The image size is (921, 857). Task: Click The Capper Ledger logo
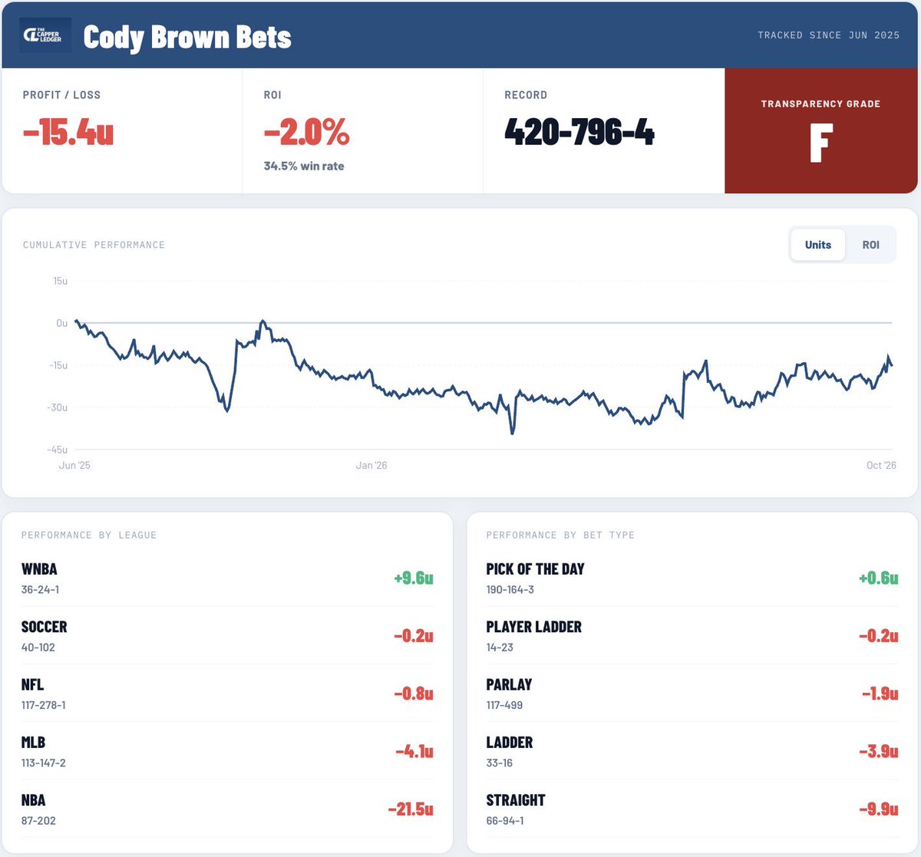(x=45, y=35)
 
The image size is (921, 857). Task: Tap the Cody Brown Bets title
(x=187, y=38)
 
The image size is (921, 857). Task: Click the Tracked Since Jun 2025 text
(x=828, y=35)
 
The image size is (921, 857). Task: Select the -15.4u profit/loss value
(x=68, y=132)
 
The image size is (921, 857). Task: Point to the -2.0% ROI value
(x=306, y=132)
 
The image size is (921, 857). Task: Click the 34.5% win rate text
(x=304, y=166)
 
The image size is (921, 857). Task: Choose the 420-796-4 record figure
(x=579, y=132)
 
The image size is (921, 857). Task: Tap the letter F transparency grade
(x=821, y=143)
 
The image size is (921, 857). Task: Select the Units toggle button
(x=817, y=245)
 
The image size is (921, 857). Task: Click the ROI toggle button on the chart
(x=870, y=245)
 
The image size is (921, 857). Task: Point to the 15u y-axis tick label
(x=61, y=281)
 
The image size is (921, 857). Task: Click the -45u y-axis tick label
(x=57, y=450)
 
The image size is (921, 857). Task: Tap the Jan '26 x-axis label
(x=371, y=465)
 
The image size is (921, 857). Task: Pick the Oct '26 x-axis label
(x=881, y=465)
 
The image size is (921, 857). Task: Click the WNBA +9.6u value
(x=414, y=578)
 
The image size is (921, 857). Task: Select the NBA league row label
(x=34, y=800)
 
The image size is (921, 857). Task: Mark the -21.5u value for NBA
(x=411, y=809)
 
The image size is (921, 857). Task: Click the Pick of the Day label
(x=535, y=569)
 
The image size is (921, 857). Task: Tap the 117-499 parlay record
(x=504, y=705)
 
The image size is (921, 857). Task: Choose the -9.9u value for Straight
(x=879, y=809)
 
